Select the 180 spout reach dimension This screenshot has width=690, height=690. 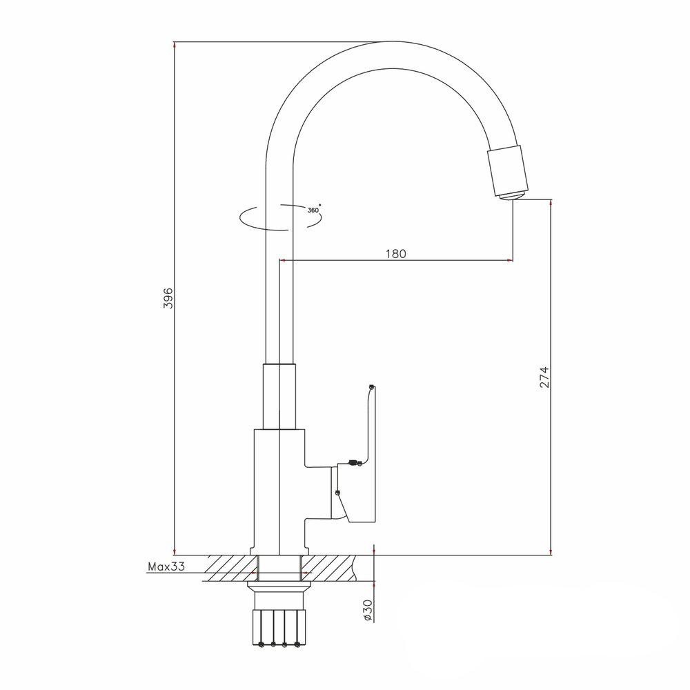[x=395, y=254]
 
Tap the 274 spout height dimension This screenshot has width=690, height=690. [x=544, y=377]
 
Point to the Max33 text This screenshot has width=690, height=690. [x=166, y=567]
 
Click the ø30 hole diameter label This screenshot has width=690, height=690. [x=368, y=610]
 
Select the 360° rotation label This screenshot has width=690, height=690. [x=314, y=210]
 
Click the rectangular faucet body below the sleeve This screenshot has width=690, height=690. [x=279, y=490]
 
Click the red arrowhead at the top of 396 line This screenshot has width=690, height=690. [x=175, y=46]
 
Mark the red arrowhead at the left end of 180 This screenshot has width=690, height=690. [x=282, y=260]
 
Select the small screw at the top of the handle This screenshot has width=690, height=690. [x=372, y=387]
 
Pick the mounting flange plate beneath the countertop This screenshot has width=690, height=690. [x=279, y=587]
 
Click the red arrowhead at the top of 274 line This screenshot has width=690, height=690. [x=551, y=203]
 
